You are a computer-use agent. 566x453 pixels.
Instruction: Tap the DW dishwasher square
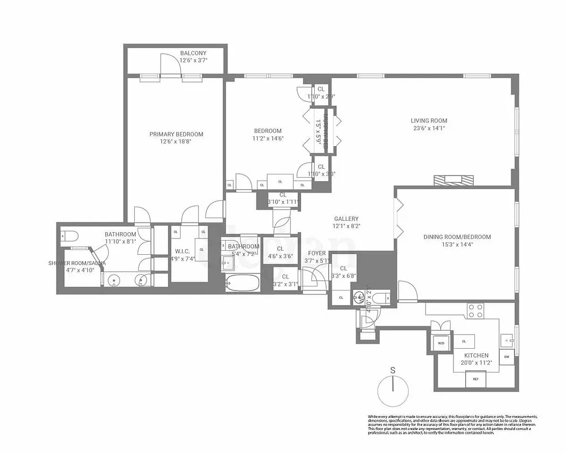pos(507,357)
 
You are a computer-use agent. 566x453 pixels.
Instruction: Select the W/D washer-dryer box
pos(440,343)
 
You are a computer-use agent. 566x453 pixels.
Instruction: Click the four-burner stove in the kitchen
pos(475,311)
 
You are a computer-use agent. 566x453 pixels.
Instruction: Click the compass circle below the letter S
pos(393,391)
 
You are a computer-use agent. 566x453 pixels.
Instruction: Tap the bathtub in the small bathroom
pos(242,283)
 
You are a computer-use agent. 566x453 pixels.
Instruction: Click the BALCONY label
pos(193,53)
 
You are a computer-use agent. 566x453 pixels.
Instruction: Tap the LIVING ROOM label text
pos(428,121)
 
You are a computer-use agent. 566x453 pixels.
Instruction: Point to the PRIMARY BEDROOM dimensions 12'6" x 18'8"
pos(176,142)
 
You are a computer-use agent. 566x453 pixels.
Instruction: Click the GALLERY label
pos(346,219)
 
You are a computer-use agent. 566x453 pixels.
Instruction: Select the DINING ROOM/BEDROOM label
pos(457,237)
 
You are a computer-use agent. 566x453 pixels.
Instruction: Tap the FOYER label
pos(316,253)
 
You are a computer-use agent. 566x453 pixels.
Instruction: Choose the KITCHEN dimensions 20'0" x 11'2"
pos(472,364)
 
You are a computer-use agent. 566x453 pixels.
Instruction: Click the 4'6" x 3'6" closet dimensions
pos(280,256)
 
